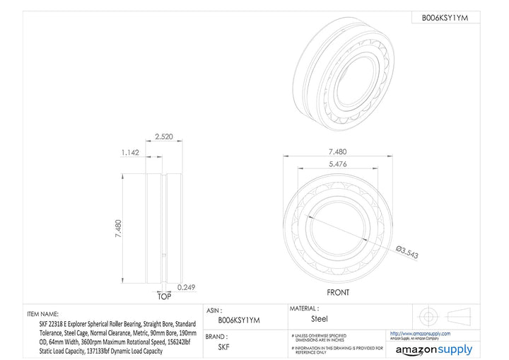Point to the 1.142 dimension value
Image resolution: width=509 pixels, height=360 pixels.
(x=129, y=151)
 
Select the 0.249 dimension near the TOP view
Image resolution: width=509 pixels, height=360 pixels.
(x=186, y=286)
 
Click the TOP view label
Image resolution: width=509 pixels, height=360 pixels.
(x=163, y=296)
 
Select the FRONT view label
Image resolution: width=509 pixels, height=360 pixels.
(x=337, y=291)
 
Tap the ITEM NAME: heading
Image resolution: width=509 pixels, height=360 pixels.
(x=44, y=313)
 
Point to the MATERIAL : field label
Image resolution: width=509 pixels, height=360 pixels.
(x=305, y=309)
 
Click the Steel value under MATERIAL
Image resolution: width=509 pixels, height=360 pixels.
(x=320, y=319)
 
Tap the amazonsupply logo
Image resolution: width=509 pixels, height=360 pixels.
(x=433, y=349)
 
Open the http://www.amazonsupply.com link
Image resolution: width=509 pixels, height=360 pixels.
(x=420, y=332)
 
